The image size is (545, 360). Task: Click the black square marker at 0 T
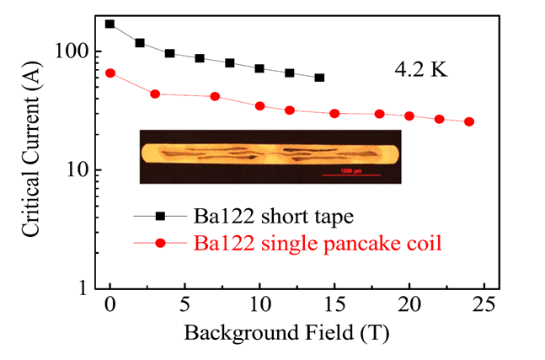[x=110, y=24]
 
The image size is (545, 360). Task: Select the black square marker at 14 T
[x=319, y=78]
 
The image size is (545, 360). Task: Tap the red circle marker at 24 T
[x=469, y=121]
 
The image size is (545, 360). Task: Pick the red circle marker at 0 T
[x=110, y=73]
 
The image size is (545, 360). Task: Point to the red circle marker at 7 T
[x=215, y=96]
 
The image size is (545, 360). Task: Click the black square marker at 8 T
[x=230, y=63]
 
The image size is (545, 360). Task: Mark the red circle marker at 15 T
[x=334, y=113]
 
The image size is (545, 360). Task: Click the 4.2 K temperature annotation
[x=422, y=69]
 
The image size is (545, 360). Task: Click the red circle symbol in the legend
[x=160, y=243]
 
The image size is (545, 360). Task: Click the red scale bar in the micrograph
[x=351, y=175]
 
